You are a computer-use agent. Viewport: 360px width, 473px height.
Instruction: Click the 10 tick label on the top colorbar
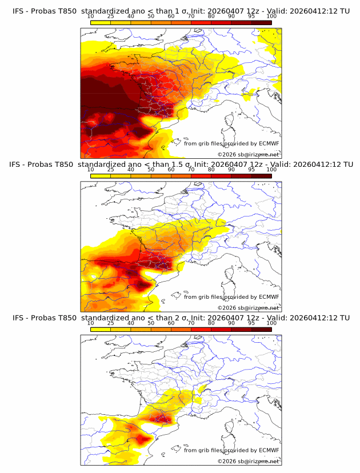91,17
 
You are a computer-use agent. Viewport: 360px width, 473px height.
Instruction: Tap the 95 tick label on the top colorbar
251,17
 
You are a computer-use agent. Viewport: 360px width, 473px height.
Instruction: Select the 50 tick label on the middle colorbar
151,170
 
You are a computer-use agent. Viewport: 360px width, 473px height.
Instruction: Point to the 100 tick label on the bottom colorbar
271,323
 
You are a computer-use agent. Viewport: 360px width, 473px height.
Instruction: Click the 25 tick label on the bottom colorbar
111,323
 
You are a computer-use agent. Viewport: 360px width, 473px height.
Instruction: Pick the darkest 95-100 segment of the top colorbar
261,23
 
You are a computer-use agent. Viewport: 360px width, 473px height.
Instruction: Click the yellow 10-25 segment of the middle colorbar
101,176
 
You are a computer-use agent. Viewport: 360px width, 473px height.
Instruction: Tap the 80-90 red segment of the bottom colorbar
221,329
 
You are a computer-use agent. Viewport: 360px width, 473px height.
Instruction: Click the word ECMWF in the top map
269,143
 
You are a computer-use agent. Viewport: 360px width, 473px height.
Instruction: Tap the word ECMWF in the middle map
269,296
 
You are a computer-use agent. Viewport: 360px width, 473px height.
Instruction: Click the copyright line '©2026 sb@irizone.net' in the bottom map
249,461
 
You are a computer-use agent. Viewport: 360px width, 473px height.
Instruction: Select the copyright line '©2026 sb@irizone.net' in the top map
249,154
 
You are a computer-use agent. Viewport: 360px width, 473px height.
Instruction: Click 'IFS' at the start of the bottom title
18,318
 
